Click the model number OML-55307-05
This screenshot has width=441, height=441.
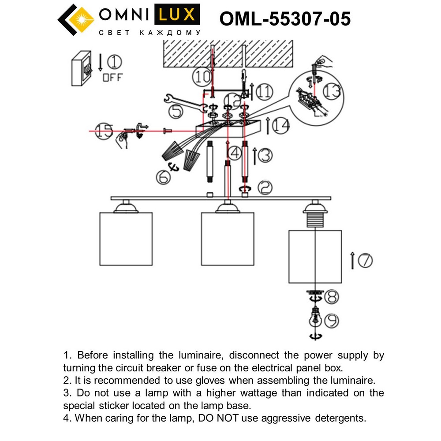[x=285, y=19]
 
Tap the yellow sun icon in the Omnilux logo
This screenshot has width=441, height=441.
[x=81, y=19]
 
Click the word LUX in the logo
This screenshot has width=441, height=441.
[x=176, y=16]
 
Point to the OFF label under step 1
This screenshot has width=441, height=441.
[x=113, y=78]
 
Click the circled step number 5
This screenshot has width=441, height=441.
[x=177, y=112]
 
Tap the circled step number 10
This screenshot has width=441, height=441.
[x=202, y=77]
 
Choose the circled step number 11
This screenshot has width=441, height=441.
[x=264, y=92]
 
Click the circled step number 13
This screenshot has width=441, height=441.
[x=331, y=91]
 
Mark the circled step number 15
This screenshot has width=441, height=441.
[x=104, y=131]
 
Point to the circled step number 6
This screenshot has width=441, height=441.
[x=163, y=177]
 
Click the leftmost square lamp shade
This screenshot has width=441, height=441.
[x=126, y=238]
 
